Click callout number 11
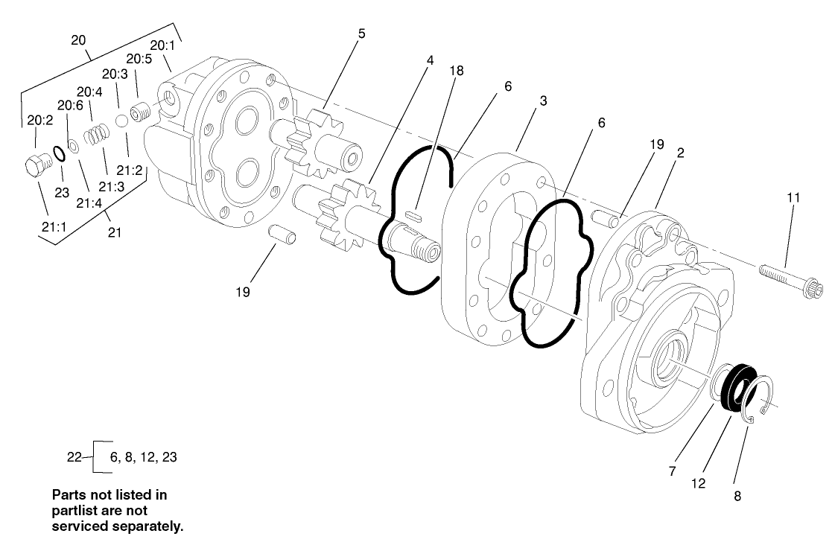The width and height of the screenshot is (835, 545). (793, 198)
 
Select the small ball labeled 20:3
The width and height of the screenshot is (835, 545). (122, 121)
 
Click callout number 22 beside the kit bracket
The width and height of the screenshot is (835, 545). (74, 457)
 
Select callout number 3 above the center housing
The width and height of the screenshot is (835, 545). (544, 101)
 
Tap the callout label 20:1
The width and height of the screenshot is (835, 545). (162, 45)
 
